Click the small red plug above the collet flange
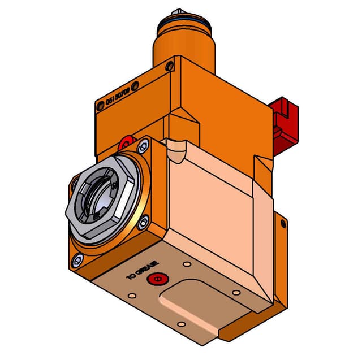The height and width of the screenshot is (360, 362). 126,141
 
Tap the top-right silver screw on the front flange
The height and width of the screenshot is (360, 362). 143,146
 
